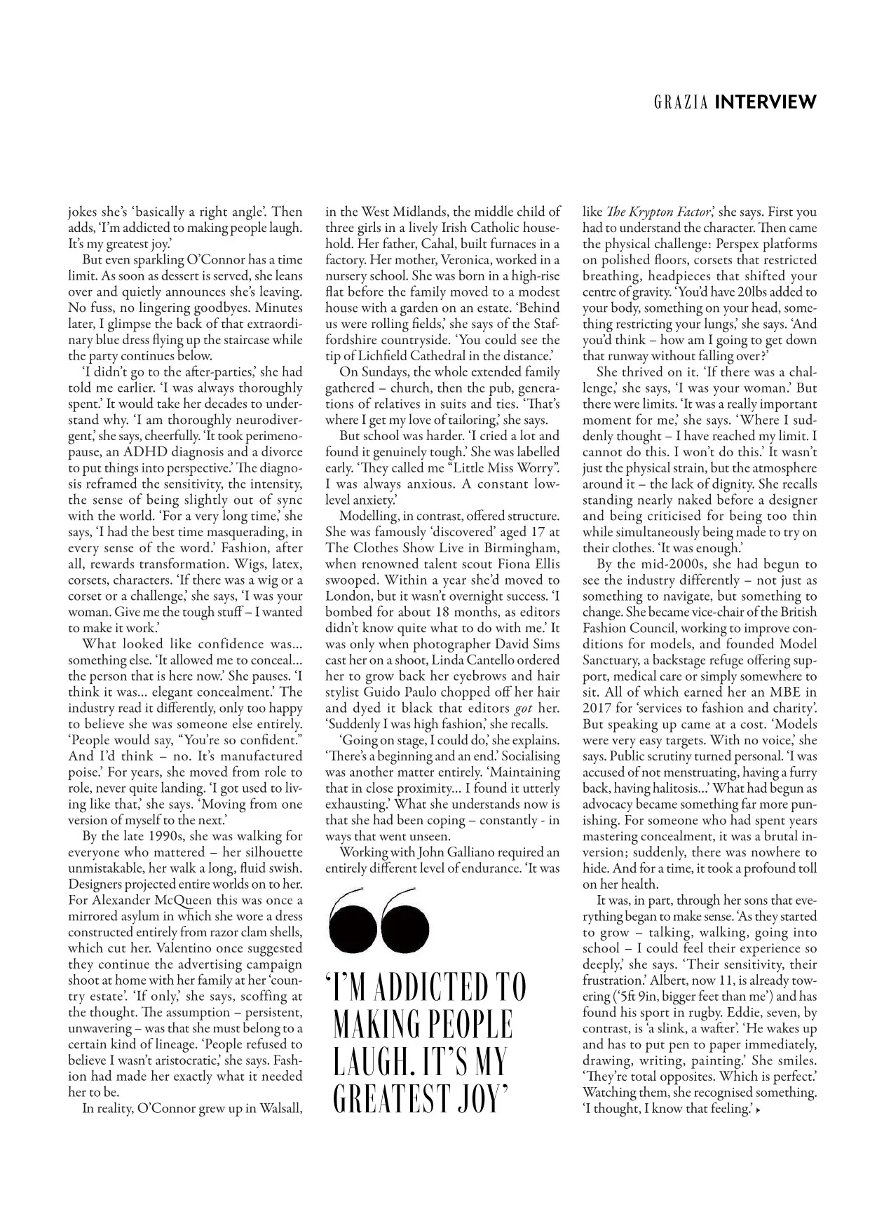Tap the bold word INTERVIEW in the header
click(x=766, y=102)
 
